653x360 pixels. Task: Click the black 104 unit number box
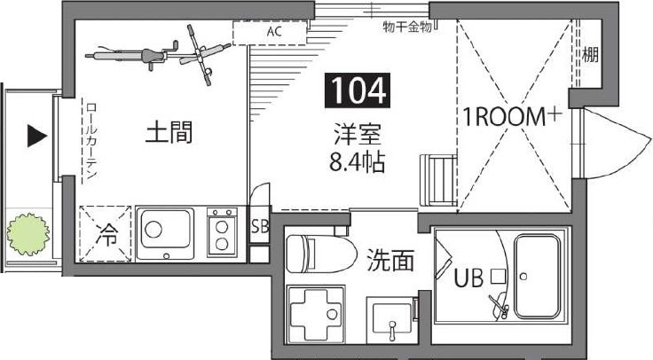359,90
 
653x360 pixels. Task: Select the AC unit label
274,33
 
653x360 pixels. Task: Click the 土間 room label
169,134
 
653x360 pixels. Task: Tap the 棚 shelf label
590,55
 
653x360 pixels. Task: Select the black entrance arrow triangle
36,136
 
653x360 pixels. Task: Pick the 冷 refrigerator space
106,235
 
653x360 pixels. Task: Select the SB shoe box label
260,225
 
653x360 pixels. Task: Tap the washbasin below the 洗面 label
389,319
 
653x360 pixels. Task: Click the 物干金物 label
407,27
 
